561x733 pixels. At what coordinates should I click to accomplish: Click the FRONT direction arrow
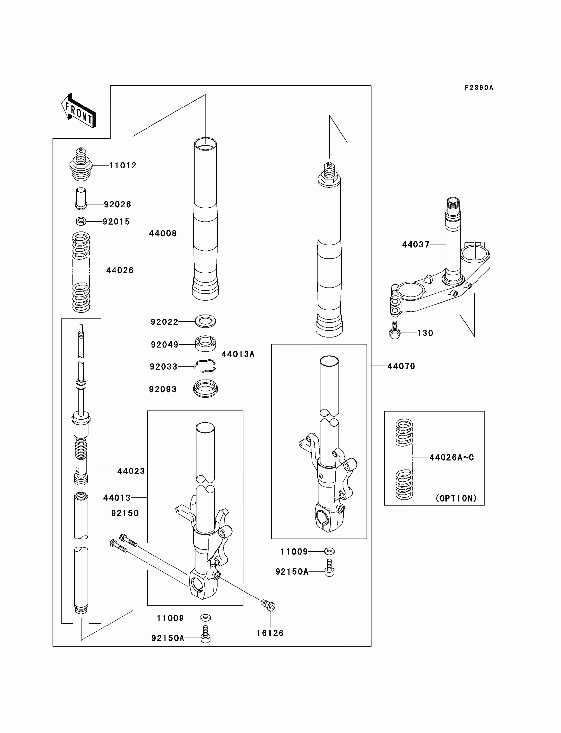coord(79,111)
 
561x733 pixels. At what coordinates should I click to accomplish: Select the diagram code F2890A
coord(478,88)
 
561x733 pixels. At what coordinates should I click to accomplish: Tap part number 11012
coord(123,166)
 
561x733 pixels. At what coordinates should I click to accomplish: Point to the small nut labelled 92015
coord(81,221)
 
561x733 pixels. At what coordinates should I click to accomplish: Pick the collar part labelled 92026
coord(81,199)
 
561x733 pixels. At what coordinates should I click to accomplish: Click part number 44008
coord(163,233)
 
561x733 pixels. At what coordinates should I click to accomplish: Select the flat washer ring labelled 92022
coord(205,321)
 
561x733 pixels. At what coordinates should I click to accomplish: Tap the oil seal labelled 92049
coord(205,344)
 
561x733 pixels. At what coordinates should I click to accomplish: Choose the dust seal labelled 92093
coord(205,388)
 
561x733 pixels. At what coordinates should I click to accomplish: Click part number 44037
coord(415,245)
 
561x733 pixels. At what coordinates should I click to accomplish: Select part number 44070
coord(401,366)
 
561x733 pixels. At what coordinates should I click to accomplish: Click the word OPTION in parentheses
coord(456,498)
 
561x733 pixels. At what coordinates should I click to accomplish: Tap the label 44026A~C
coord(451,457)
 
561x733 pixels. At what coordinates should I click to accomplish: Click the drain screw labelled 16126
coord(268,605)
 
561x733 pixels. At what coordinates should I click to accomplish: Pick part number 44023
coord(131,471)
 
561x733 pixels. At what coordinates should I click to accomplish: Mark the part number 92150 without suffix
coord(125,513)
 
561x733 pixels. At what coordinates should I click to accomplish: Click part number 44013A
coord(238,354)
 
